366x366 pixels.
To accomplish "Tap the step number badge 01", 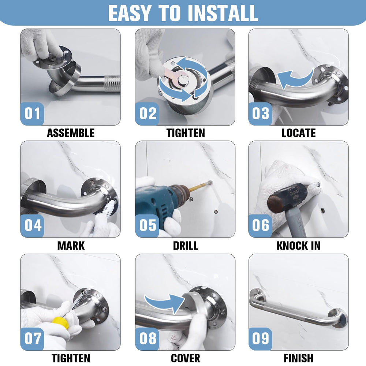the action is pos(32,114).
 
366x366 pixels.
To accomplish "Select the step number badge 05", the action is pos(147,225).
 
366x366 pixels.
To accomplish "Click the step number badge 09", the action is pos(260,339).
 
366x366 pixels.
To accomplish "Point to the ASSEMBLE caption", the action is pos(71,133).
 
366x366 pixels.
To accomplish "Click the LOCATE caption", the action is pos(299,133).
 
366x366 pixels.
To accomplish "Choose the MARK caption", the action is pos(71,246).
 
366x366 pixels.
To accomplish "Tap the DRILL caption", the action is pos(186,246).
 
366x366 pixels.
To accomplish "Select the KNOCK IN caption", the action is pos(299,246).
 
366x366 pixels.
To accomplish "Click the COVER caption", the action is pos(186,358).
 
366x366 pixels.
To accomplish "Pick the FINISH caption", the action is pos(299,358).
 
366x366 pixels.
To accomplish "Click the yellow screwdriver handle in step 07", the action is pos(60,323).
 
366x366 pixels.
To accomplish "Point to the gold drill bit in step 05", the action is pos(201,186).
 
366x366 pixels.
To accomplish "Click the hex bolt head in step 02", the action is pos(183,80).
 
